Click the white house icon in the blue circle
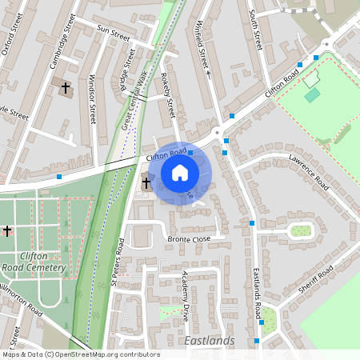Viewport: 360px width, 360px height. click(x=180, y=172)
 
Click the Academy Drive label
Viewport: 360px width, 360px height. click(x=186, y=297)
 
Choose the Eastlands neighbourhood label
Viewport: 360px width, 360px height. click(x=209, y=342)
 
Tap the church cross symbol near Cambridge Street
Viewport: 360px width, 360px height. click(x=66, y=86)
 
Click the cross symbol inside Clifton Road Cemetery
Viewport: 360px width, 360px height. click(x=7, y=230)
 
